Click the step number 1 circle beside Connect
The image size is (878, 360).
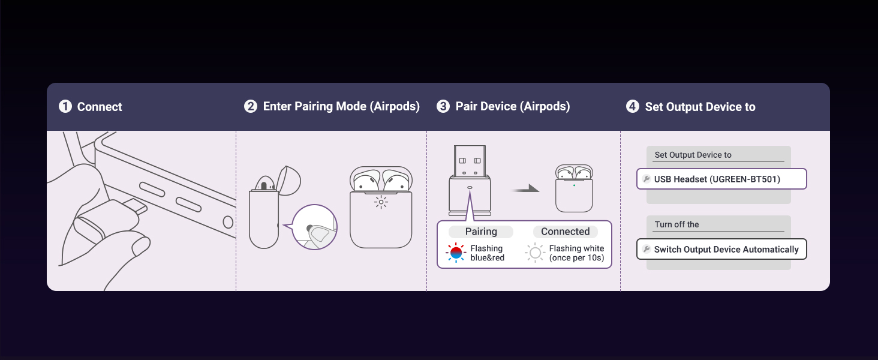pos(65,107)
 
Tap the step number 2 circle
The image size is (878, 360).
pos(251,107)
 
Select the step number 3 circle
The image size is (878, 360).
pos(443,107)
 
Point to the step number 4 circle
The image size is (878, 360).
pos(633,107)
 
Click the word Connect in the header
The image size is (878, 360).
pos(100,107)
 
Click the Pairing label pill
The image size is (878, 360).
pos(481,232)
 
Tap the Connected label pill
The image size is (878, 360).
pos(565,232)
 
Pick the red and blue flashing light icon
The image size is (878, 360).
pos(456,253)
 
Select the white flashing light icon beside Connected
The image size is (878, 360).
pos(535,253)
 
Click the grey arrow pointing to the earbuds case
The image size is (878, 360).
pos(525,189)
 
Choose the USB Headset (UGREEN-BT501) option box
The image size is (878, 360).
pos(721,179)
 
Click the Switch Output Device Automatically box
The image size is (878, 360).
pos(721,249)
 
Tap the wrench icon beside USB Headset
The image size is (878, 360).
pos(647,179)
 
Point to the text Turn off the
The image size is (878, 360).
pos(676,224)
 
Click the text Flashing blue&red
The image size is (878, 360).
pos(487,253)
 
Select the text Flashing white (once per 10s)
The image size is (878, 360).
pos(576,253)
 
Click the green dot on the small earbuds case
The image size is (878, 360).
pos(574,185)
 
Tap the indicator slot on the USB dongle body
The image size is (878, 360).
pos(470,187)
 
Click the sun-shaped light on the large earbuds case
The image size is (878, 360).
pos(381,202)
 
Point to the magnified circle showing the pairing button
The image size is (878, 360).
pos(315,227)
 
